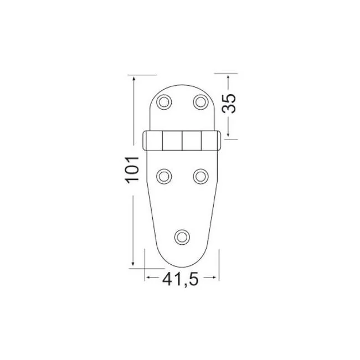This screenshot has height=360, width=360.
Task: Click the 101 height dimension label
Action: (132, 170)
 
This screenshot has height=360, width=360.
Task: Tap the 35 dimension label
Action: (229, 104)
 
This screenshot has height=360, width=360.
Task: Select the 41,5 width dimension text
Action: (180, 279)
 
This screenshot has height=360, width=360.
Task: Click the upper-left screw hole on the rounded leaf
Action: (164, 102)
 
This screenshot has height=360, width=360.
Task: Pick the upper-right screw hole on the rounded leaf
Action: (200, 102)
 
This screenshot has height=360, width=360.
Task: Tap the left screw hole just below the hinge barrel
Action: (164, 177)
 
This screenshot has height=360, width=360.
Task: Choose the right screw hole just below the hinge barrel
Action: (200, 177)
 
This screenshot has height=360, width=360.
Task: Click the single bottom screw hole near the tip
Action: (182, 237)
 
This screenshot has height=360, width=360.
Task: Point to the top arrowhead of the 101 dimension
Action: (134, 78)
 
